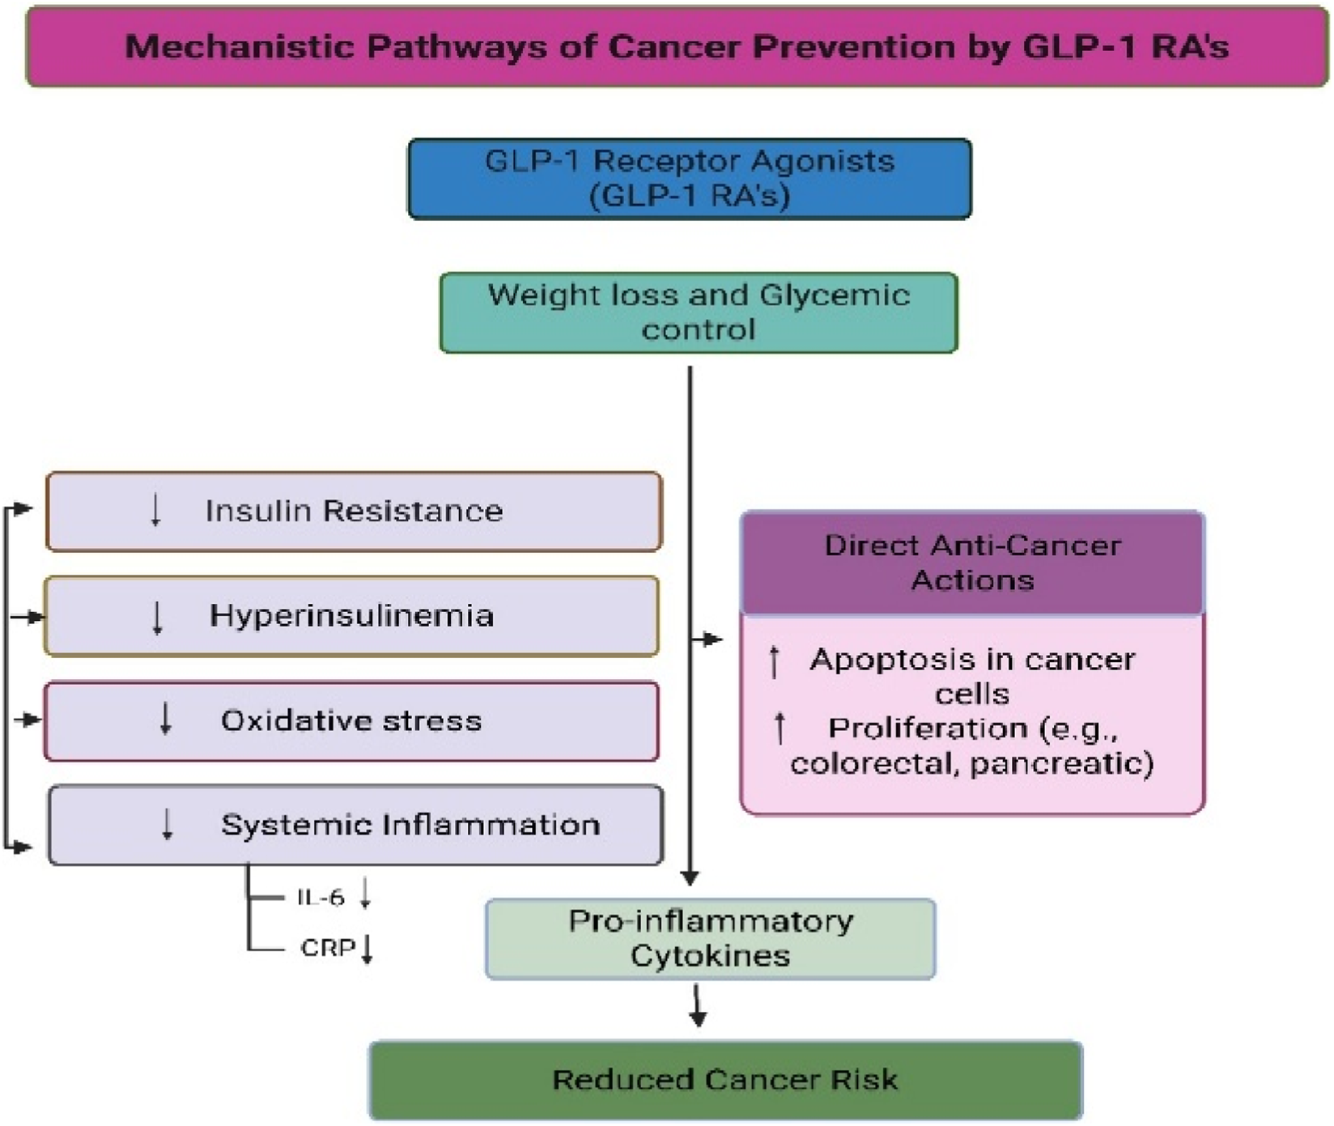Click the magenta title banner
[x=677, y=46]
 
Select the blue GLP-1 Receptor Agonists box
[x=689, y=178]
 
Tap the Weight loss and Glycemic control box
[x=698, y=312]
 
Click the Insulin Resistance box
[x=354, y=511]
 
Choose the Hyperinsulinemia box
[x=350, y=616]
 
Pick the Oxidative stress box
[x=350, y=721]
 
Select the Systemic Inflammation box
[x=356, y=825]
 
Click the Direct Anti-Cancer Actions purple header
[x=971, y=563]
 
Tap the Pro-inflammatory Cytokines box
[x=710, y=938]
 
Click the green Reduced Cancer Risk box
[x=724, y=1080]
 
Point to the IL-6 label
[x=321, y=898]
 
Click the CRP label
[x=327, y=947]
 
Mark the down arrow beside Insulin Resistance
[x=156, y=511]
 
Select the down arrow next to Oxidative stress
[x=166, y=719]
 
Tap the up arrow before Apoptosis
[x=775, y=661]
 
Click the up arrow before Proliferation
[x=780, y=729]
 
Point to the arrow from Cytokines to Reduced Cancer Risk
[x=698, y=1006]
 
